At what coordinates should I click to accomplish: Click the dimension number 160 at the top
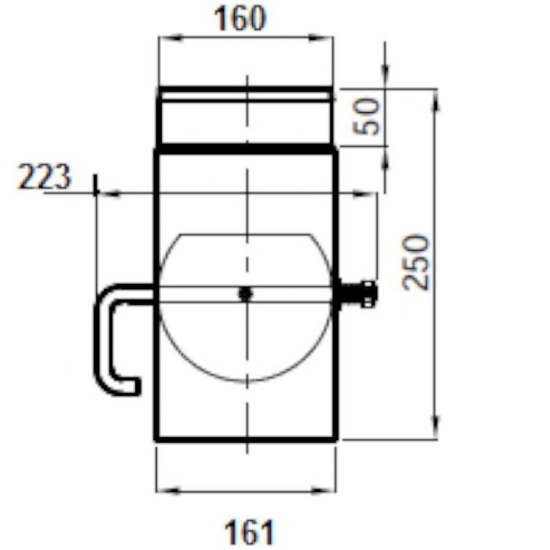click(x=240, y=19)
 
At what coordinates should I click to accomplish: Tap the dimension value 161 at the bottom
click(x=249, y=532)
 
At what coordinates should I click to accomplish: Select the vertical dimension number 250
click(x=416, y=263)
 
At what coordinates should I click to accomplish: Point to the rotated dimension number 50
click(x=366, y=116)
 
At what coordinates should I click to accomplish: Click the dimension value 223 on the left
click(x=44, y=177)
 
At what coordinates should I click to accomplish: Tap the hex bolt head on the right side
click(x=368, y=295)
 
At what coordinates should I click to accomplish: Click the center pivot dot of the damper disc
click(x=245, y=294)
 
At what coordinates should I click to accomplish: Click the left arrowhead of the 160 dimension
click(x=170, y=38)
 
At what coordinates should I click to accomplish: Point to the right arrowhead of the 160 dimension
click(x=321, y=38)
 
